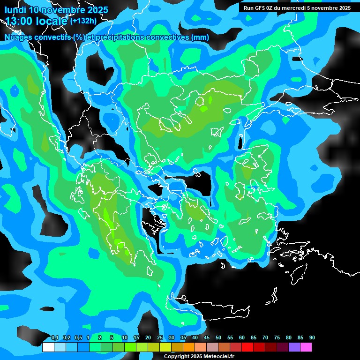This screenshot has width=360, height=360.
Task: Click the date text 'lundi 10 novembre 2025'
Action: pyautogui.click(x=56, y=10)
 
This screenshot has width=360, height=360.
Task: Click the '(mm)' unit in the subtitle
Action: pyautogui.click(x=201, y=37)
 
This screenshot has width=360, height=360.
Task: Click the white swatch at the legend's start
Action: pyautogui.click(x=48, y=347)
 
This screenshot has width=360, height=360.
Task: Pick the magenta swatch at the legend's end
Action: pyautogui.click(x=306, y=347)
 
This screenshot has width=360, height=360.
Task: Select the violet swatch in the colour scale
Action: pyautogui.click(x=294, y=347)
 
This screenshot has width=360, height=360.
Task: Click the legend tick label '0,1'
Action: pyautogui.click(x=54, y=338)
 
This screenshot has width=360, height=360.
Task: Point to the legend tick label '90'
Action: pyautogui.click(x=312, y=338)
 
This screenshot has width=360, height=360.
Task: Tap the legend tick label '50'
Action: pyautogui.click(x=218, y=338)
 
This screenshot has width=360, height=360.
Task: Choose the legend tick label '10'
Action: pyautogui.click(x=125, y=338)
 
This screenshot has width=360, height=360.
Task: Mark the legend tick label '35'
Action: pyautogui.click(x=183, y=338)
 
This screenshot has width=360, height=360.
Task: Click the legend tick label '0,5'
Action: pyautogui.click(x=78, y=338)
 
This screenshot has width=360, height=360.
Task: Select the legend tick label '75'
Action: pyautogui.click(x=277, y=338)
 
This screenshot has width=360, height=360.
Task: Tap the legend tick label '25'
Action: pyautogui.click(x=160, y=338)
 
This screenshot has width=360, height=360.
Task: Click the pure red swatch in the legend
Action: pyautogui.click(x=247, y=347)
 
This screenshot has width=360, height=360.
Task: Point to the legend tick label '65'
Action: pyautogui.click(x=254, y=338)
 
